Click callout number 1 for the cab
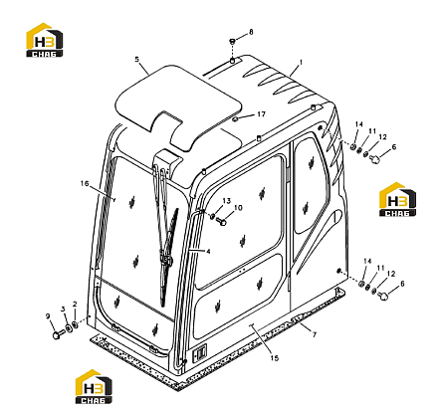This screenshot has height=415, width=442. point(301,62)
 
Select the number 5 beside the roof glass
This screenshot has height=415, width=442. point(137,60)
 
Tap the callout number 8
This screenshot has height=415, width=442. point(251,32)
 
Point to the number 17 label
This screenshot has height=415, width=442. point(262,114)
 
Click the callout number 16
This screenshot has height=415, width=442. point(85,183)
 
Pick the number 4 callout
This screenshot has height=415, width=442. point(208,252)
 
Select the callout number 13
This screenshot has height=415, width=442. point(226,201)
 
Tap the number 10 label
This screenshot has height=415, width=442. point(238,208)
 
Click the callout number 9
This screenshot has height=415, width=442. point(48,316)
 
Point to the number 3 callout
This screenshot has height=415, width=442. point(63,310)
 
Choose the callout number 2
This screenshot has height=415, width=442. point(75,304)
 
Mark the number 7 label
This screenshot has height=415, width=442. point(315,335)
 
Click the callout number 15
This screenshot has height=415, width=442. point(275,358)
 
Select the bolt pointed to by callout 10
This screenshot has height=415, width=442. point(221,221)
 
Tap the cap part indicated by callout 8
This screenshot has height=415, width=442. point(232,42)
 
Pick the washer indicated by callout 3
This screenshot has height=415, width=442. point(69,328)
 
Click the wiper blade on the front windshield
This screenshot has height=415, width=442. point(168,257)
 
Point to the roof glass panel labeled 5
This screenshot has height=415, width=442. point(179,103)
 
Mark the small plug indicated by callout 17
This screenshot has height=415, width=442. point(235,119)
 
